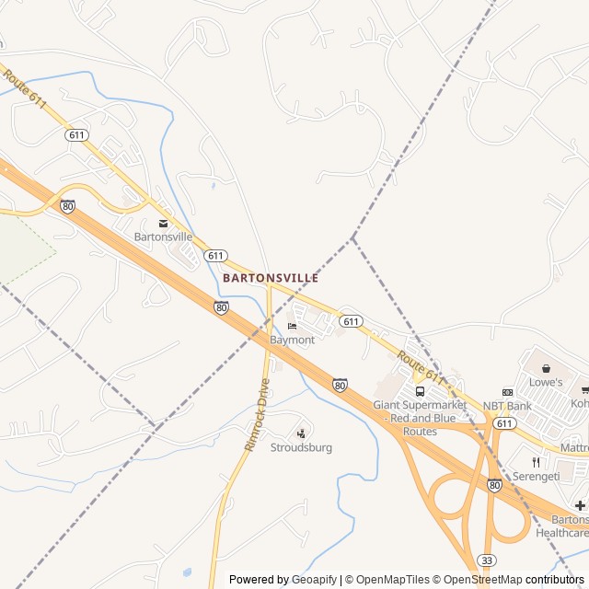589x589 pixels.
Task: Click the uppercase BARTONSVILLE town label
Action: point(271,277)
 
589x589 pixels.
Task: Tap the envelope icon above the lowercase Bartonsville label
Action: point(164,224)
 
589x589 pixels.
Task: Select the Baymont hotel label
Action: point(292,340)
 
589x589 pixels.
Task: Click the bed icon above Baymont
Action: point(292,327)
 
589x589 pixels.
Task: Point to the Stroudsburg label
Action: point(301,447)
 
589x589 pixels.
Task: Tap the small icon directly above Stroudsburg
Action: point(301,433)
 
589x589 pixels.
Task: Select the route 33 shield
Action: point(486,559)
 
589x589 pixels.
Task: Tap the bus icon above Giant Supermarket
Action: point(420,391)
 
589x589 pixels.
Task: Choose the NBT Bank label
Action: point(506,406)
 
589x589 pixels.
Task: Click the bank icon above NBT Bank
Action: point(506,392)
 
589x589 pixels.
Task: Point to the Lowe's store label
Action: point(545,381)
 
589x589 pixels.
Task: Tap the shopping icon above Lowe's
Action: point(545,368)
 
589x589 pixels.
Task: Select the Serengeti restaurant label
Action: point(535,477)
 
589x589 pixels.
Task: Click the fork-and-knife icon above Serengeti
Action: point(535,463)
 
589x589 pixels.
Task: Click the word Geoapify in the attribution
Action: point(313,579)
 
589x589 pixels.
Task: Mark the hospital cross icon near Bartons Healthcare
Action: point(580,505)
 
